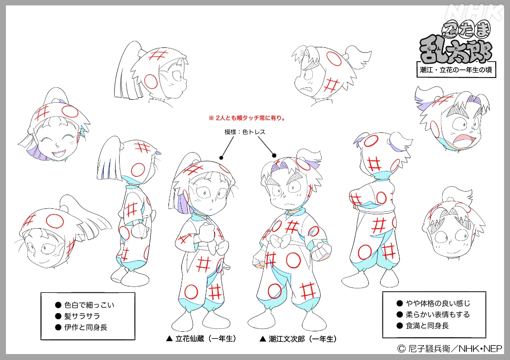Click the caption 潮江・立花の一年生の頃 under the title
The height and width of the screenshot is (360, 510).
(x=456, y=70)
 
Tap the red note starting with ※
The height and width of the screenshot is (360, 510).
(x=248, y=118)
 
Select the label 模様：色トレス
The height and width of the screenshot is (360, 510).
(x=245, y=132)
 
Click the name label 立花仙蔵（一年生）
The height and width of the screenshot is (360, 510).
(x=201, y=339)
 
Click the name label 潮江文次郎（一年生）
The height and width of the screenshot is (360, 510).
(x=298, y=339)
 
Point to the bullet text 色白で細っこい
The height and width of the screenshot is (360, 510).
(x=89, y=305)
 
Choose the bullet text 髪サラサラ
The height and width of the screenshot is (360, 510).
(x=82, y=316)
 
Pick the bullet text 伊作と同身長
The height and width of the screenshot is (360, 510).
(x=85, y=327)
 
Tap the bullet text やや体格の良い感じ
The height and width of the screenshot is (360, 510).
(x=438, y=304)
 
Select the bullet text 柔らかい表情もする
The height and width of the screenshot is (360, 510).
(x=438, y=315)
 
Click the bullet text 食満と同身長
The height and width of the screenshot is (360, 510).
(x=427, y=325)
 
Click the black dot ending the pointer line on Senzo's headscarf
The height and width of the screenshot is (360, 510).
(x=221, y=158)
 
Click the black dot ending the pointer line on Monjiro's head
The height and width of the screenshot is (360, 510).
(x=274, y=156)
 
